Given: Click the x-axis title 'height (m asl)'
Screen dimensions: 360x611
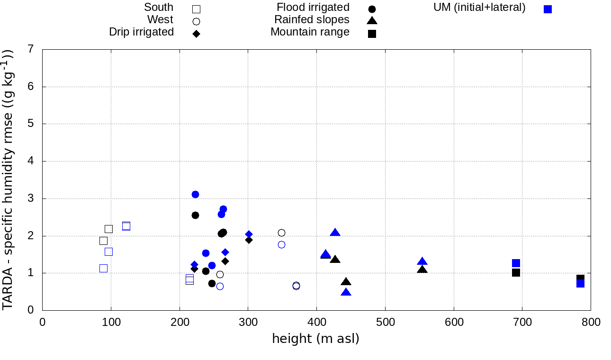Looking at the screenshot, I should point(315,339).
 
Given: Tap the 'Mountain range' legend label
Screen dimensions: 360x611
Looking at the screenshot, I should point(310,32).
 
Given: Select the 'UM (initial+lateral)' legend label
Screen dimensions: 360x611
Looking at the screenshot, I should point(479,8).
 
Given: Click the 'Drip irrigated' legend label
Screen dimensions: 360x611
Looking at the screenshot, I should point(141,32).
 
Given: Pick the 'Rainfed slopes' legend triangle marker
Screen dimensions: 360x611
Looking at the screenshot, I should point(372,20).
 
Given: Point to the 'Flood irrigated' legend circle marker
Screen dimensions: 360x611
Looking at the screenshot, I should point(372,9).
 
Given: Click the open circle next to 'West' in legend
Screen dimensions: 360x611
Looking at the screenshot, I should point(196,21).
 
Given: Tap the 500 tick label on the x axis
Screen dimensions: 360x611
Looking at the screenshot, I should point(385,323).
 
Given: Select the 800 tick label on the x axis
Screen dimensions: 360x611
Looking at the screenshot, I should point(591,323).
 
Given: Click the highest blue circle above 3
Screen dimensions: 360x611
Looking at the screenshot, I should point(195,194).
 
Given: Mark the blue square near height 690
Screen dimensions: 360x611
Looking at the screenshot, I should point(516,263).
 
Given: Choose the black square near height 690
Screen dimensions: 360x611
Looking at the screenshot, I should point(516,273).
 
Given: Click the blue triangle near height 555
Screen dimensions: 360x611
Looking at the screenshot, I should point(422,261).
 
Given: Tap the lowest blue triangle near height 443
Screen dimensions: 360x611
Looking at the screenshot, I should point(346,292).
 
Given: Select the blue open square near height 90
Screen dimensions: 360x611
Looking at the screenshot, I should point(103,268).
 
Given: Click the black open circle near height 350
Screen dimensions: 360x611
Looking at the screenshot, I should point(281,233).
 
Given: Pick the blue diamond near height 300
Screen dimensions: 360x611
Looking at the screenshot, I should point(249,234).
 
